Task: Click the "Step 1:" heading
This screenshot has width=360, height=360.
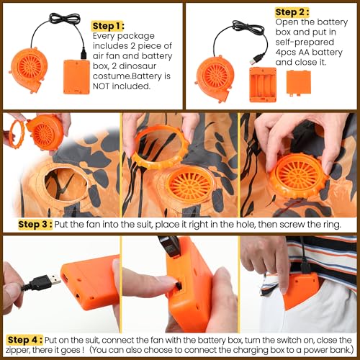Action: tap(108, 26)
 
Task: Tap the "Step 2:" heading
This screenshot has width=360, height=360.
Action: tap(292, 12)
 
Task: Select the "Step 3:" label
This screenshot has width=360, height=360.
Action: tap(35, 225)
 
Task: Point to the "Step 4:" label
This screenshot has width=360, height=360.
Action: tap(25, 340)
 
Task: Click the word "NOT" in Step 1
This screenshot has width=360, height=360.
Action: tap(101, 86)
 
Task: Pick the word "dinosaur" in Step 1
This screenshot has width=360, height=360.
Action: tap(138, 66)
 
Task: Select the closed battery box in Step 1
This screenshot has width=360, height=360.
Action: tap(76, 77)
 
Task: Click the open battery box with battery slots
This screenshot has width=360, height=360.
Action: tap(263, 85)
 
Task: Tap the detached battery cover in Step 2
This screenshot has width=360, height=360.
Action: tap(299, 83)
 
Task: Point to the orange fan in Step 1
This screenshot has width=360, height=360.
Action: tap(28, 70)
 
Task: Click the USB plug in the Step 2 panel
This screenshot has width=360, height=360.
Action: tap(256, 59)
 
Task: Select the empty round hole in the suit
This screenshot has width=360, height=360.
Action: tap(66, 184)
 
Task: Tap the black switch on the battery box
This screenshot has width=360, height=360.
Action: tap(178, 287)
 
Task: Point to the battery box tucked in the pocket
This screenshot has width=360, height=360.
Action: tap(301, 290)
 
